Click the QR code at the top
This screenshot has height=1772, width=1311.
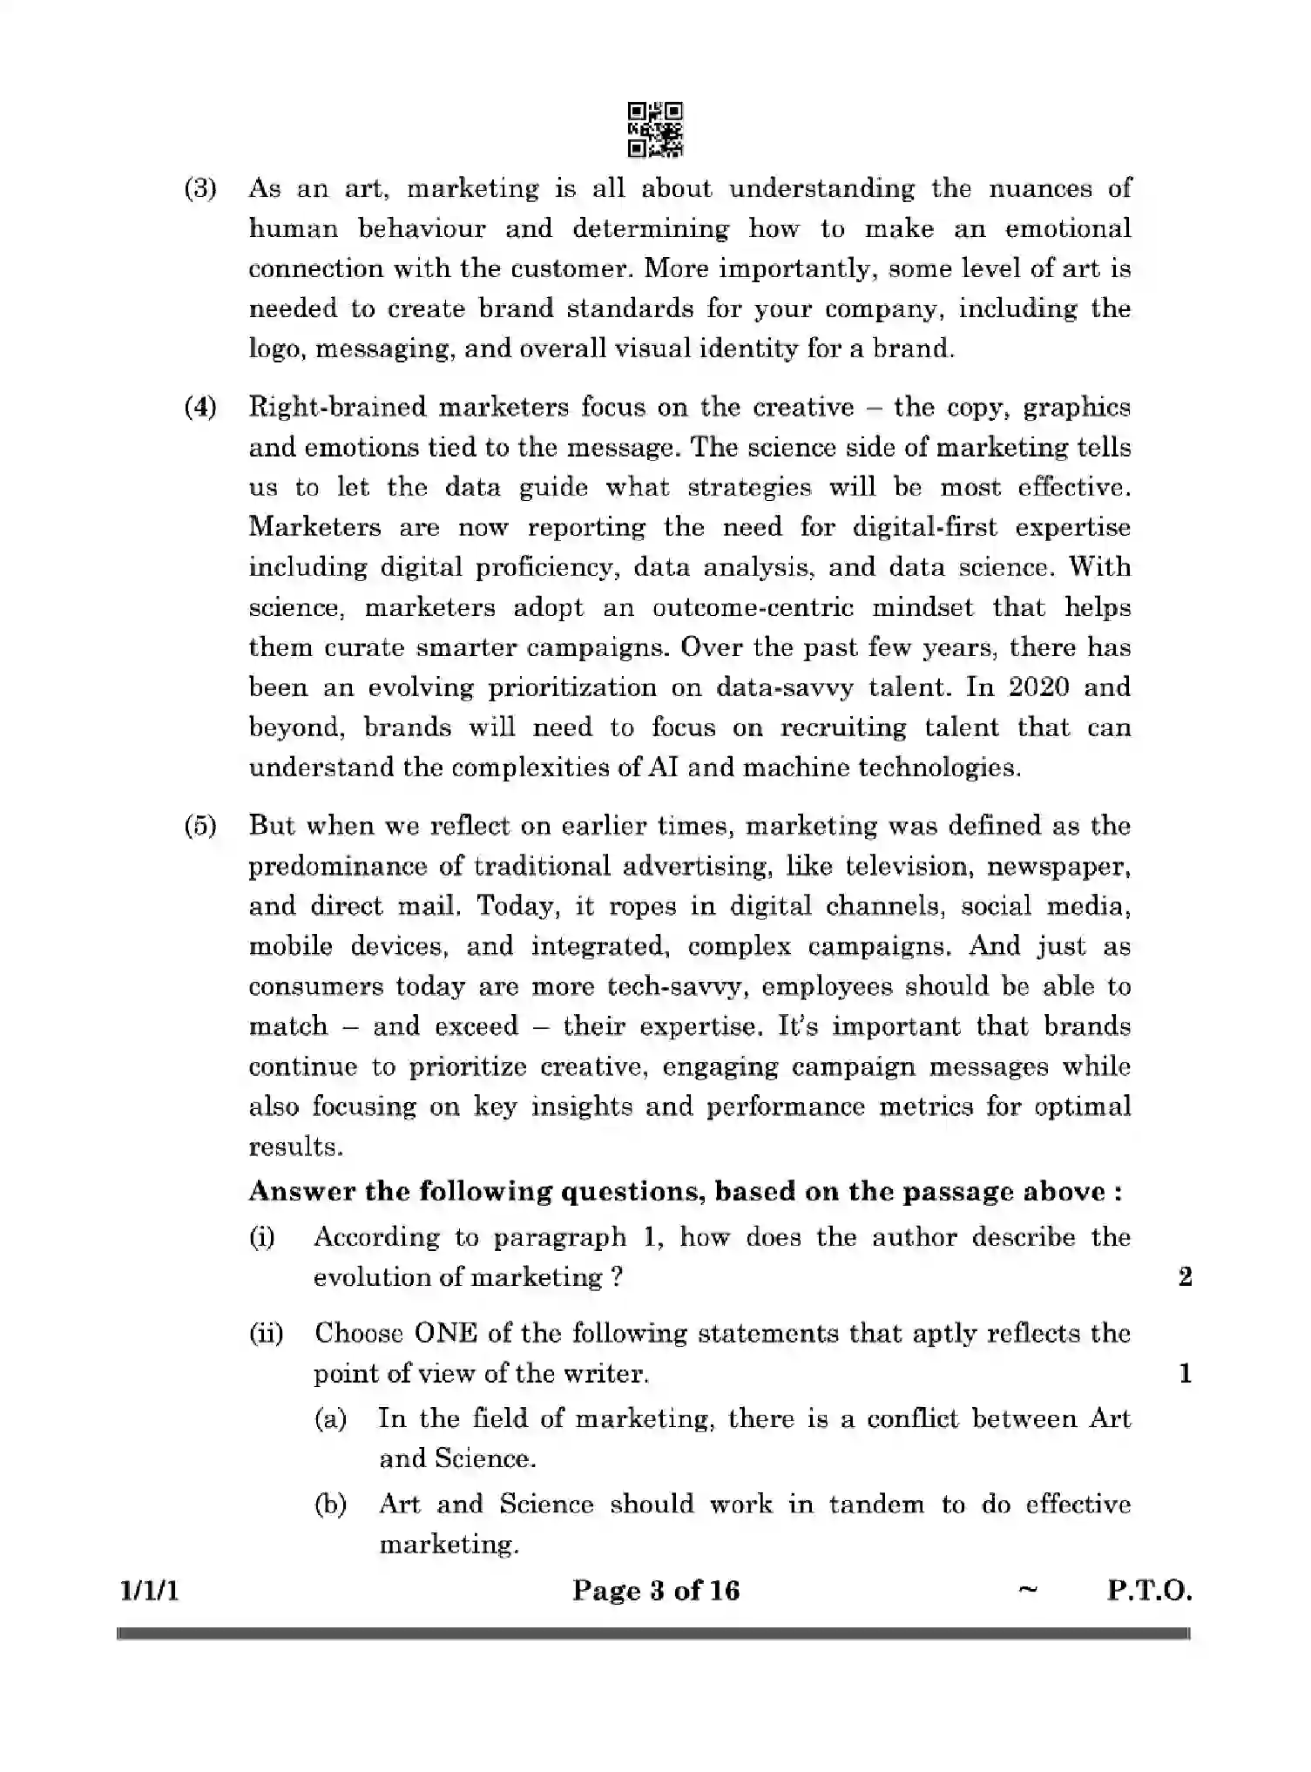(655, 130)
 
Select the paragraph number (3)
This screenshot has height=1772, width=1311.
(199, 189)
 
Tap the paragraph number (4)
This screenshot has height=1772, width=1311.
(199, 407)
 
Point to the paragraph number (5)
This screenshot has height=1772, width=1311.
(199, 825)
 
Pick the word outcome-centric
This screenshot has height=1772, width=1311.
(753, 607)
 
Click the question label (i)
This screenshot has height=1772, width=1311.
(262, 1237)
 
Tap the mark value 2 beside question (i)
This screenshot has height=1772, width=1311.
(1185, 1278)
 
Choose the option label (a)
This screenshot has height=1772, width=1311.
(330, 1419)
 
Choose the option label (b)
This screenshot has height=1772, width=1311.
(330, 1505)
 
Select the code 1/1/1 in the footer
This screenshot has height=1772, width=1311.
(149, 1592)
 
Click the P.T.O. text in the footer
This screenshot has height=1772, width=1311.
(1148, 1592)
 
